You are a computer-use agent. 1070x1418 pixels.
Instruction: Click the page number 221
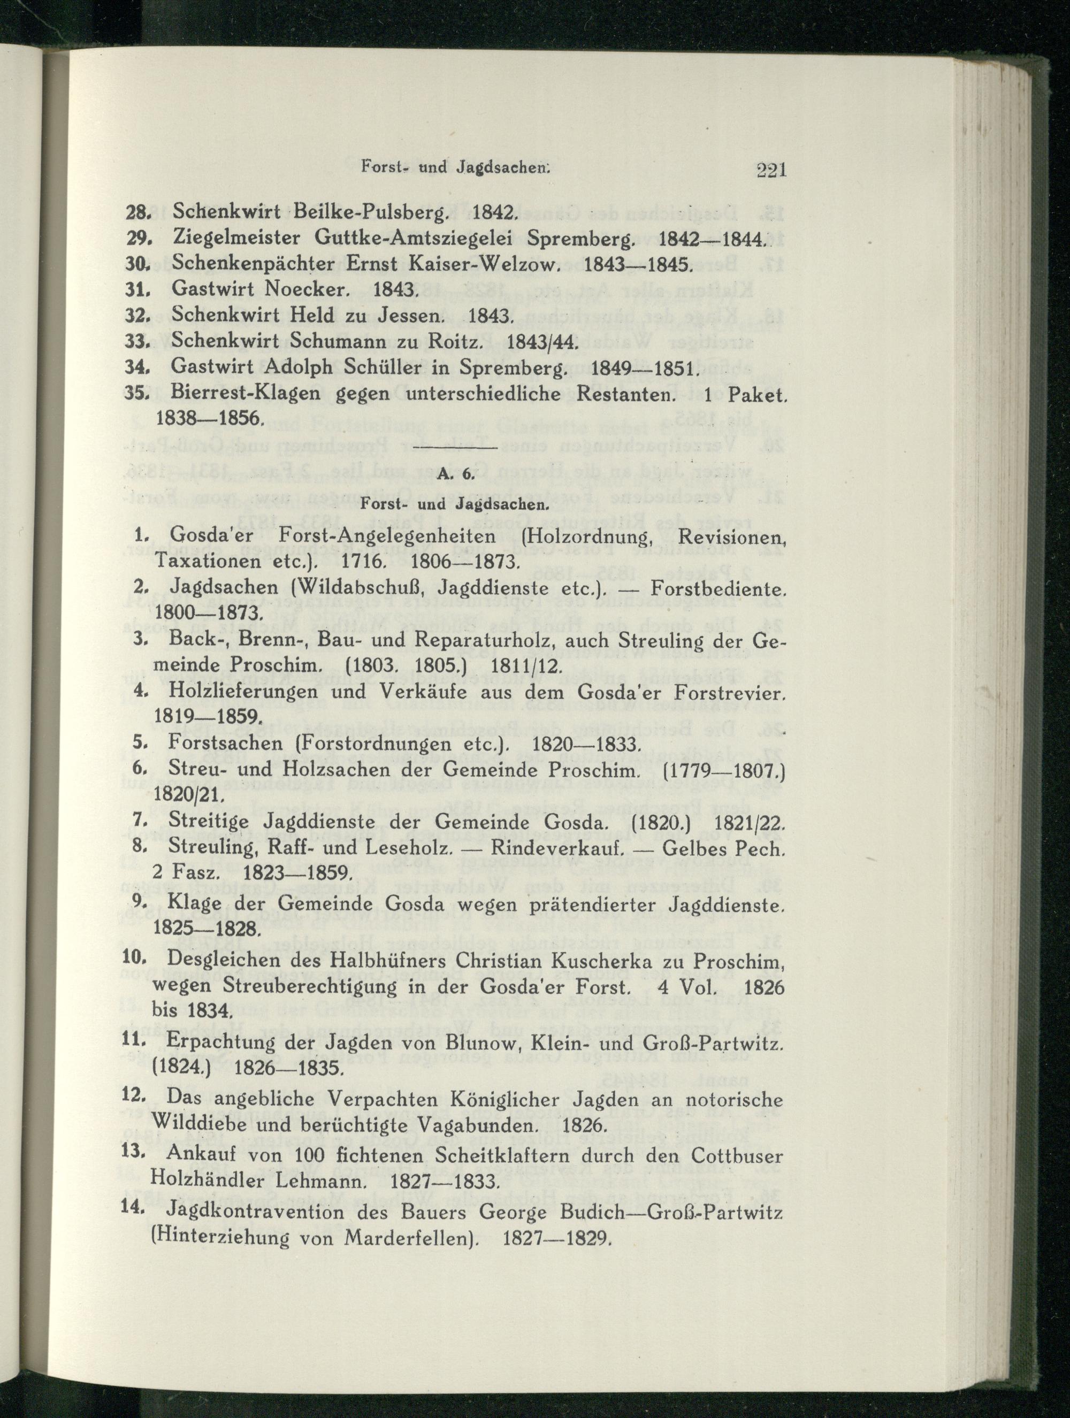tap(771, 171)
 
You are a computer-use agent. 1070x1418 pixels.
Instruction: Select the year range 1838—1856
tap(207, 419)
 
